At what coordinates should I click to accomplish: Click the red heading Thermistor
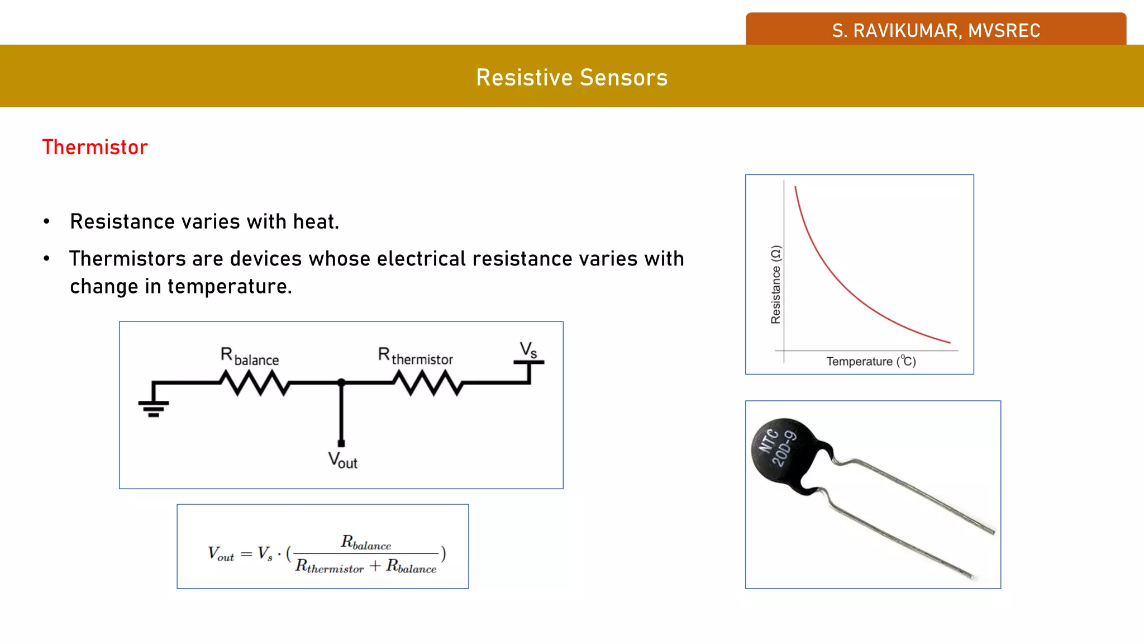point(95,148)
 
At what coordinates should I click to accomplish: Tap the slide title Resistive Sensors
point(571,78)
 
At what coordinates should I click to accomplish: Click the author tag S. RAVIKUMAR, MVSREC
point(936,31)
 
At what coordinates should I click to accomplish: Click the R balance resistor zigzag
point(254,383)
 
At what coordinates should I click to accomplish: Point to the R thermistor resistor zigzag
point(427,383)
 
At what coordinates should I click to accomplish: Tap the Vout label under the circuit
point(342,460)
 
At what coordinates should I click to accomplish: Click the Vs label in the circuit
point(528,351)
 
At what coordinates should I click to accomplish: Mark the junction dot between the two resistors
point(341,383)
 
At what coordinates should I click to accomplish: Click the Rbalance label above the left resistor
point(249,356)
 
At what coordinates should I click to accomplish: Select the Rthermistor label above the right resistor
point(415,356)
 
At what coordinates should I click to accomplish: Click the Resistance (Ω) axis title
point(775,285)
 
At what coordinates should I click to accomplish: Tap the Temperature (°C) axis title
point(871,362)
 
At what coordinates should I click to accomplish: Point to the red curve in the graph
point(838,280)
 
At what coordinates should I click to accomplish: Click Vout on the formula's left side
point(221,554)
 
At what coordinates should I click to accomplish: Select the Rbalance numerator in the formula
point(366,542)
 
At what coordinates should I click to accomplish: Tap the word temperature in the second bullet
point(230,287)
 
